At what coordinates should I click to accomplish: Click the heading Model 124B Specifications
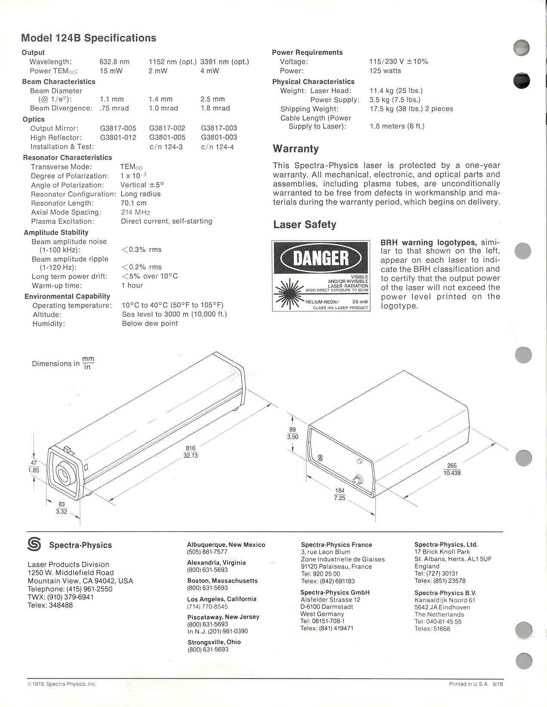tap(88, 38)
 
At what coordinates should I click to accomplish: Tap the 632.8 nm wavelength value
tap(114, 62)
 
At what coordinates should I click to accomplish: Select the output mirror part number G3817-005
tap(118, 128)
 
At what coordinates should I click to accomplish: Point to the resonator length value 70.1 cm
tap(133, 203)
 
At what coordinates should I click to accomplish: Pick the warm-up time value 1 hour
tap(132, 285)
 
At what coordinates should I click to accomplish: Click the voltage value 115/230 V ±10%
tap(399, 62)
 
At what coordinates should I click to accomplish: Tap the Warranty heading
tap(296, 149)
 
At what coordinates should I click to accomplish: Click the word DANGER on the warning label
tap(321, 258)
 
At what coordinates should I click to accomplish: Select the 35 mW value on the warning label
tap(360, 301)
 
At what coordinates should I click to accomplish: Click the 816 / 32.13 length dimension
tap(191, 452)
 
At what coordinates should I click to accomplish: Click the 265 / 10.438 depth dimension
tap(452, 469)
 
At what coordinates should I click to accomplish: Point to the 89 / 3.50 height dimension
tap(293, 433)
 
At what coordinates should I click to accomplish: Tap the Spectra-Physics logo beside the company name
tap(34, 545)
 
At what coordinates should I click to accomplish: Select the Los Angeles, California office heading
tap(222, 599)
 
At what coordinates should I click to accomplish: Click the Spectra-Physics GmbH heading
tap(334, 592)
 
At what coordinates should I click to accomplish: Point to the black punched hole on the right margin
tap(522, 81)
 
